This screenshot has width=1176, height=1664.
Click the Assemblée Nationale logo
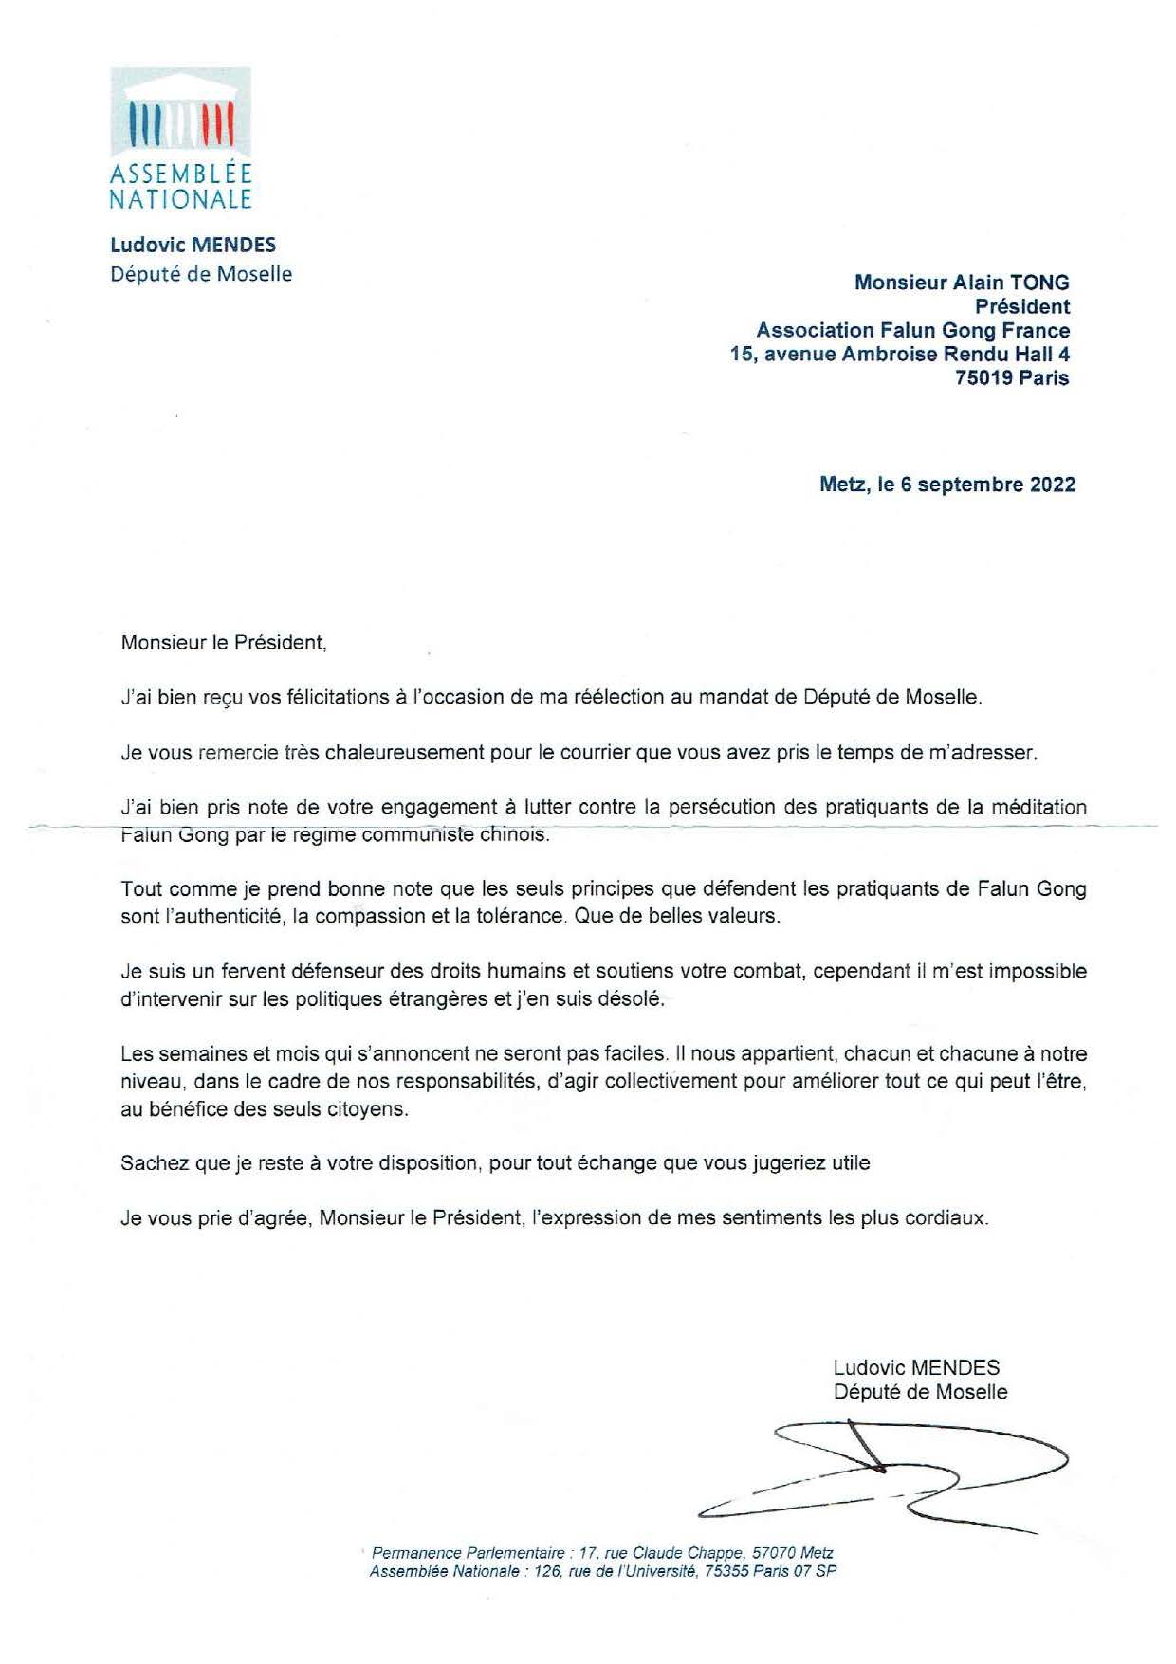[x=180, y=137]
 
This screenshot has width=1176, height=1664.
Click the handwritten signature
[x=891, y=1479]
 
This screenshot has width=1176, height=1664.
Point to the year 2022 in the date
[x=1052, y=485]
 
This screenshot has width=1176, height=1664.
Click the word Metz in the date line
[x=842, y=485]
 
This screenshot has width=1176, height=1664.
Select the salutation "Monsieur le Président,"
[x=224, y=643]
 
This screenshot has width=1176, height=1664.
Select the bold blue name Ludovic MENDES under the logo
[x=193, y=245]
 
